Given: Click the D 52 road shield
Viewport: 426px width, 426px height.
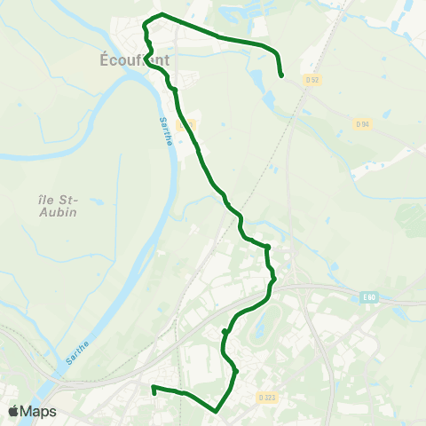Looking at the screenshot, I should [x=311, y=81].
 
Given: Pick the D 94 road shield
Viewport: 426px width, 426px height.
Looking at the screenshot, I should [x=362, y=123].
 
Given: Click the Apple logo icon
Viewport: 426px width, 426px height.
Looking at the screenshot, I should [x=13, y=412].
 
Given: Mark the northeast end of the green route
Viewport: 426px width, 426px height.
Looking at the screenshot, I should [x=281, y=76].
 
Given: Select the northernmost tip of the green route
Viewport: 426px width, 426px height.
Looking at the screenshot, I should [x=161, y=14].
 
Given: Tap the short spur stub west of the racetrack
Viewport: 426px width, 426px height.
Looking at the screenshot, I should [x=225, y=331].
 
